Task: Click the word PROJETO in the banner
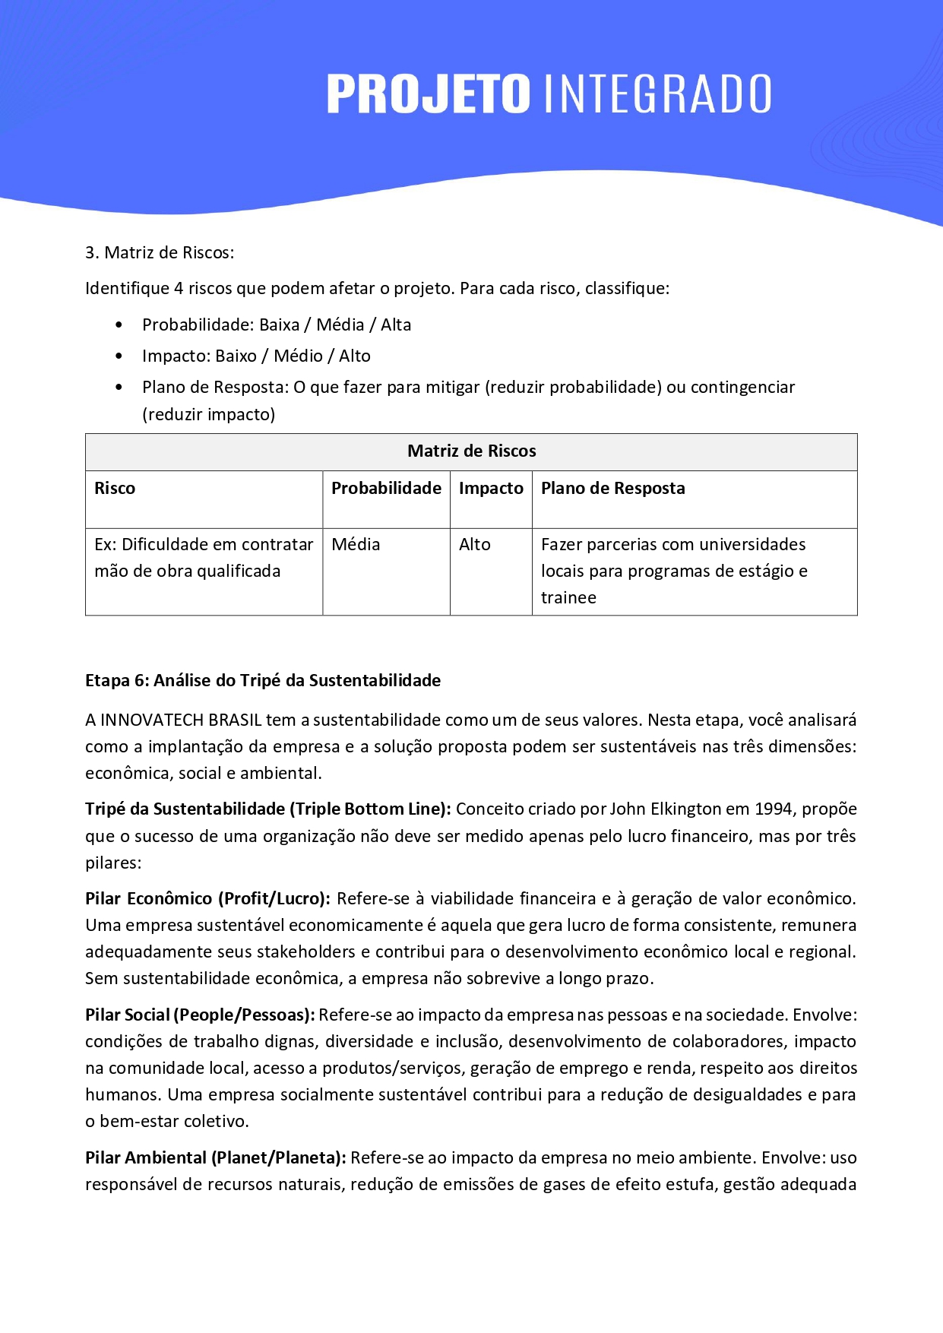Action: (428, 94)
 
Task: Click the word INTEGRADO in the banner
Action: (658, 94)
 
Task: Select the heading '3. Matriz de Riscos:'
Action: (160, 253)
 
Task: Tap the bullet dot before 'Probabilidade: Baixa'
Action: (119, 325)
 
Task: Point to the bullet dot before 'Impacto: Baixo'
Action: (119, 356)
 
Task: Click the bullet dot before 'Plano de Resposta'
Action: (119, 388)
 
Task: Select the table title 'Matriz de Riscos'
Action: (471, 451)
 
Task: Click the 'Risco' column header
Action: (115, 489)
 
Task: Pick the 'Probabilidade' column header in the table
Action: (386, 489)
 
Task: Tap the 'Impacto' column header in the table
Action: (491, 489)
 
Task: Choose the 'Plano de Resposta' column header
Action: (612, 489)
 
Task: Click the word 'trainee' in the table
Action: (568, 598)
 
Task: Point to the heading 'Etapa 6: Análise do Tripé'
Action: (263, 681)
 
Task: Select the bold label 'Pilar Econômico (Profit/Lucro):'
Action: (207, 899)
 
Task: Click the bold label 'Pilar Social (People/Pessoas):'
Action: (200, 1015)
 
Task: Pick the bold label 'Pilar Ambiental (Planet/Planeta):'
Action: (216, 1158)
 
